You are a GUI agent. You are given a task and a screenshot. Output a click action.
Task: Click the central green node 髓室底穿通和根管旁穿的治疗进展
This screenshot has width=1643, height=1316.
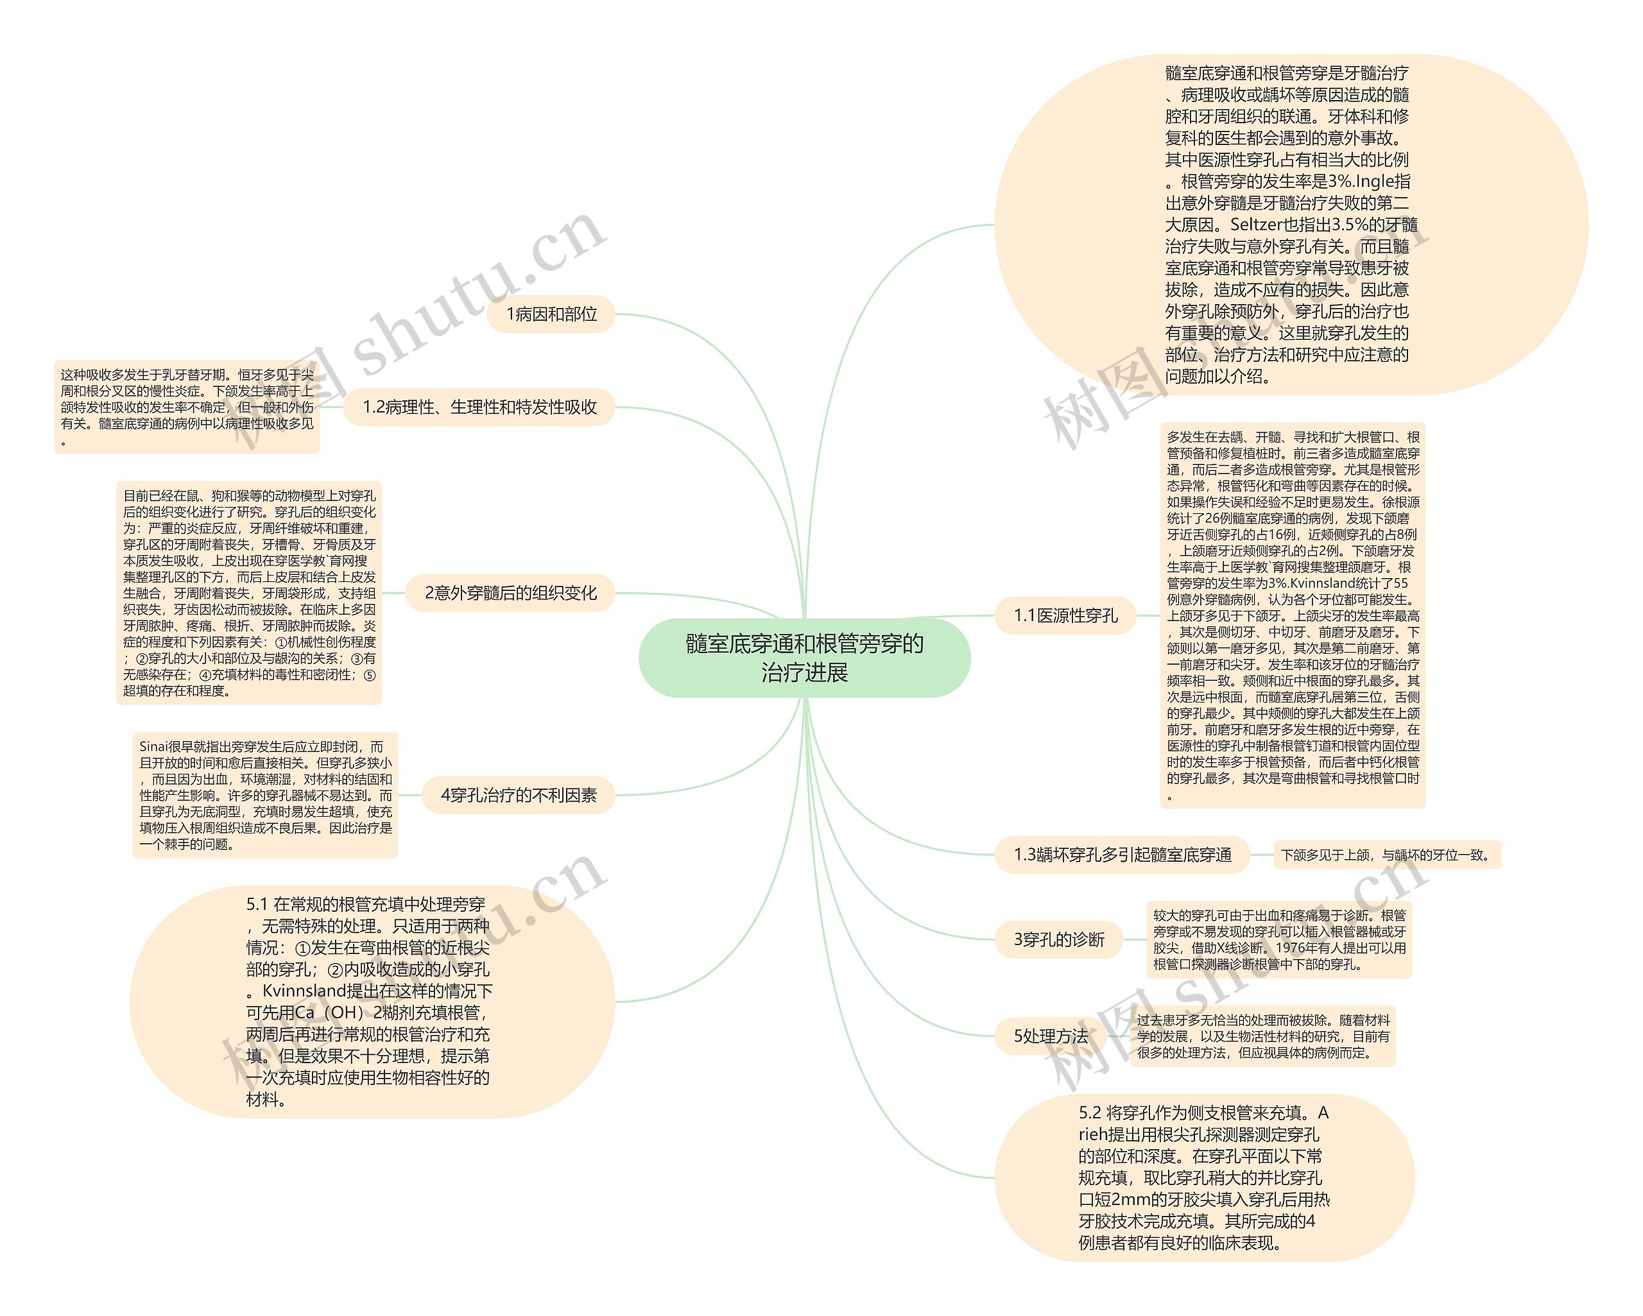[x=804, y=658]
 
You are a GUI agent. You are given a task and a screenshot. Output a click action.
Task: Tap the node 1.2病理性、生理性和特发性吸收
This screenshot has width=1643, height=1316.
[x=479, y=407]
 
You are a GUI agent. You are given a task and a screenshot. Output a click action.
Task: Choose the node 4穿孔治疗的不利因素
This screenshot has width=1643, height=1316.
[x=518, y=795]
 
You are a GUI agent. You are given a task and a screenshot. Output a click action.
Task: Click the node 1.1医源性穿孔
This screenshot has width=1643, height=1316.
[x=1065, y=616]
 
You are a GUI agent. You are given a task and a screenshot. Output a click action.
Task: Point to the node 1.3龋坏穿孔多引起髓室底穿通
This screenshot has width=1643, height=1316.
[x=1122, y=854]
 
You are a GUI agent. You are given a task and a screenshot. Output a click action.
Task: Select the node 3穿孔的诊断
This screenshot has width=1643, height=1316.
[x=1058, y=939]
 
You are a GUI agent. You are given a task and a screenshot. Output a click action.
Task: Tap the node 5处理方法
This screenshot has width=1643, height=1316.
[x=1050, y=1036]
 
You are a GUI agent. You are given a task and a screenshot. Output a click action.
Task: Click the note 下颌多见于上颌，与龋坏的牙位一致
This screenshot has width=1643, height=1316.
[x=1386, y=855]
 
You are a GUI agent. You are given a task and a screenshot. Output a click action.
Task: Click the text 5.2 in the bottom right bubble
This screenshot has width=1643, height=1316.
[x=1090, y=1113]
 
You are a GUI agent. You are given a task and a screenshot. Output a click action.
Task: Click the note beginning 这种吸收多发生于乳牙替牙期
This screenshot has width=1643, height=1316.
[x=187, y=407]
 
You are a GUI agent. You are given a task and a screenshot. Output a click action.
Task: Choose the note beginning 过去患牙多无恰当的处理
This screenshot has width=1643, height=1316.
[x=1262, y=1036]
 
